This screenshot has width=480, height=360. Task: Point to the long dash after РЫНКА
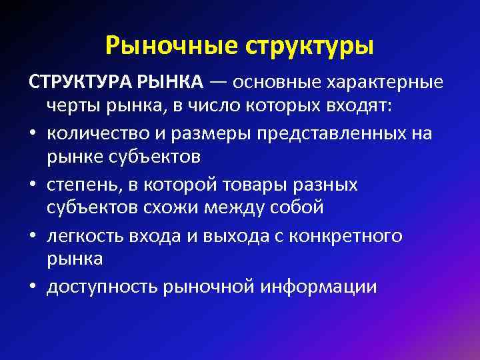tap(219, 82)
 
